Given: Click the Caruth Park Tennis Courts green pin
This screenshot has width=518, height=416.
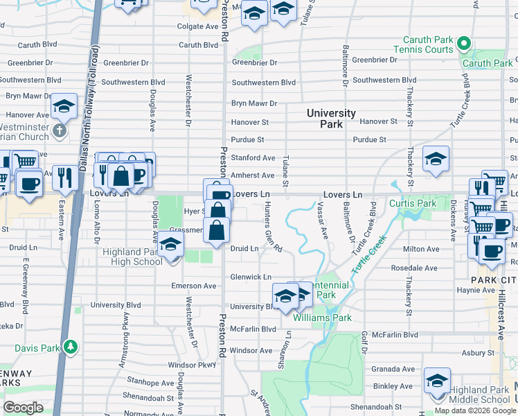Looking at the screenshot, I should (x=463, y=45).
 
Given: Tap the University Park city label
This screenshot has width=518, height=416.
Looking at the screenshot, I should (x=331, y=119).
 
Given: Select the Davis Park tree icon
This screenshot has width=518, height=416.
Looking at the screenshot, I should (x=69, y=346).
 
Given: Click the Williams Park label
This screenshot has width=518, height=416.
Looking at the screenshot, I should (x=322, y=318).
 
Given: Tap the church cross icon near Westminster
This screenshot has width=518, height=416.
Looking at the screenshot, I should (x=60, y=130).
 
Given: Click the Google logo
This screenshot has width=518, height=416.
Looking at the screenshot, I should (x=23, y=408).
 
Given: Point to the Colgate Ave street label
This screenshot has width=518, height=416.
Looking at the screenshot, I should (x=197, y=26).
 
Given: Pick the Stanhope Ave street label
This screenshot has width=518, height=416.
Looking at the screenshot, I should (x=150, y=382).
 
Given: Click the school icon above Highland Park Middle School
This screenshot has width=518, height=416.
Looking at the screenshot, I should (x=437, y=381).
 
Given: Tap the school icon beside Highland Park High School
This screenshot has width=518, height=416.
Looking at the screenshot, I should (x=171, y=246).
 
